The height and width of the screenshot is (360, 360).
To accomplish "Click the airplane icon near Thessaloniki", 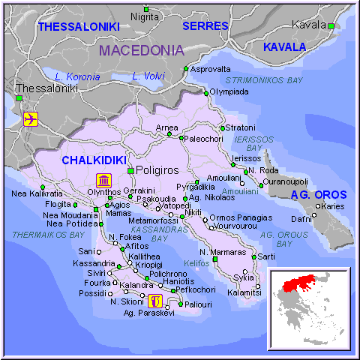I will tap(31, 119).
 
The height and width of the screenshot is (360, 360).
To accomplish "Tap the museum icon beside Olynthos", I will tap(103, 181).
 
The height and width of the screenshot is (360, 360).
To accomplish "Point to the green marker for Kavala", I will tap(330, 25).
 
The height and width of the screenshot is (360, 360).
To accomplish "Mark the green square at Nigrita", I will tap(146, 9).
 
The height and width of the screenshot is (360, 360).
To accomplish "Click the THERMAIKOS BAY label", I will tap(48, 235).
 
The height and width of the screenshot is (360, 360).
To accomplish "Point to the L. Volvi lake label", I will tap(147, 76).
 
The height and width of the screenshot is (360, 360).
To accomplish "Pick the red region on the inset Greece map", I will tap(307, 283).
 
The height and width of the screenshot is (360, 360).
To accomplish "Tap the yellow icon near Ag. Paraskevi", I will tap(154, 301).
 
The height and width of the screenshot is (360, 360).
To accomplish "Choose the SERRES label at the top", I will tap(205, 25).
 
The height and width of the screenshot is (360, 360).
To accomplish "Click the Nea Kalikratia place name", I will tap(37, 193).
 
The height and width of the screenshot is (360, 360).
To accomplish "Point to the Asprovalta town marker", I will tap(186, 68).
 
